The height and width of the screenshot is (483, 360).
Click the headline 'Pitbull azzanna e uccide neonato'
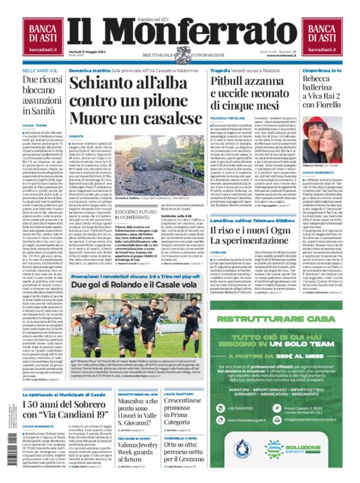click(x=247, y=95)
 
